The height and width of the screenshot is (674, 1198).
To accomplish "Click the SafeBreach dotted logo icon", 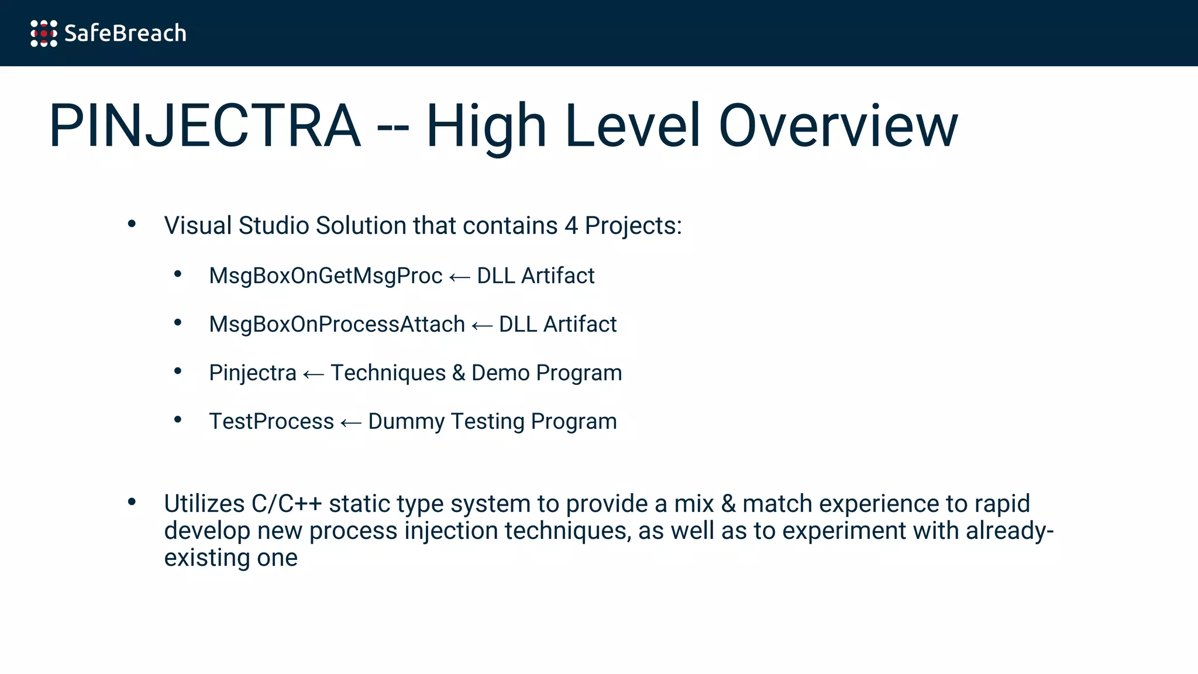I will point(44,33).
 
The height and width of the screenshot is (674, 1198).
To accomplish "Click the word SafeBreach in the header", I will point(125,33).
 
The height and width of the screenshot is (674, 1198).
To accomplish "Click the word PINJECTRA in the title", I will point(205,126).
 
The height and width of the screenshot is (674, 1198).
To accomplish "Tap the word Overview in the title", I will point(838,126).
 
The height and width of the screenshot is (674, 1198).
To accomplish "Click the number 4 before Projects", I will point(571,226).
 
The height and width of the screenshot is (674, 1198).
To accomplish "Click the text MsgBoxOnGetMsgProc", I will point(325,276).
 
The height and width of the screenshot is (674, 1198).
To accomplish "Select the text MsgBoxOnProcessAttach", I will point(337,325).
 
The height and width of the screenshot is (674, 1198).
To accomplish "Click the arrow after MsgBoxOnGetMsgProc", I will point(460,277).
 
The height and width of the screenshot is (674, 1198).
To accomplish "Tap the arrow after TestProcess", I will point(351,423).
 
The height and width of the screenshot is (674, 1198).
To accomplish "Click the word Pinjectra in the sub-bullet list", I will point(253,373).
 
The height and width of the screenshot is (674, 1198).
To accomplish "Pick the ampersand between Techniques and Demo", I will point(459,373).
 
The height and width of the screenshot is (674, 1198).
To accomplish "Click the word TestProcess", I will point(271,422).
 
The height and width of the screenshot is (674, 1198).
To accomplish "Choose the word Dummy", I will point(406,422).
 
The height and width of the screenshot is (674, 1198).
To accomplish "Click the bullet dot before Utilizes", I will point(132,501).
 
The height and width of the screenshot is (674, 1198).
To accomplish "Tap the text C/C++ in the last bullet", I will point(287,504).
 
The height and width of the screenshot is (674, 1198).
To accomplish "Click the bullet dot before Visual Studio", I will point(132,223).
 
